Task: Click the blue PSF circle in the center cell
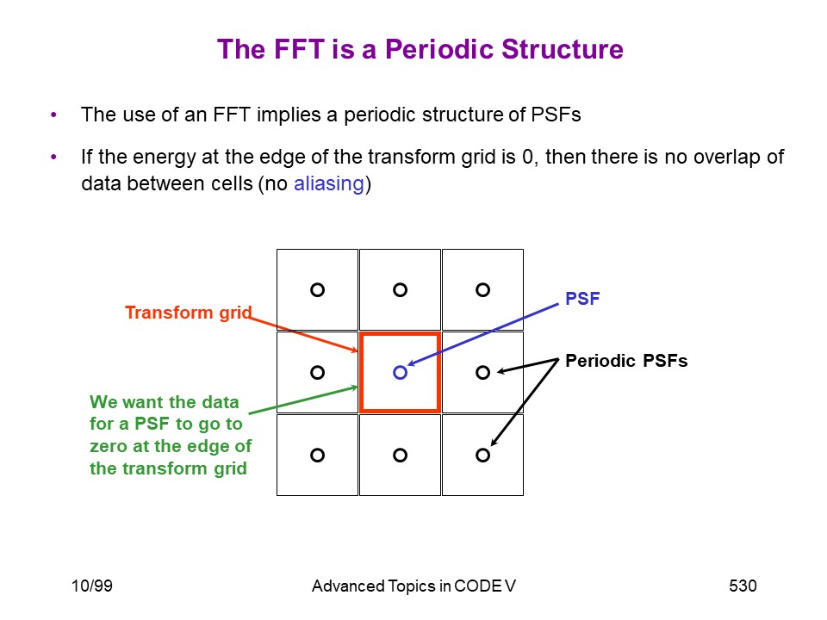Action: click(394, 372)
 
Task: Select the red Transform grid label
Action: click(189, 313)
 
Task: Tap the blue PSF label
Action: click(582, 299)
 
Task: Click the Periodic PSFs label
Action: click(626, 361)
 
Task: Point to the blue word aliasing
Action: click(328, 183)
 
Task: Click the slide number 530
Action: click(743, 586)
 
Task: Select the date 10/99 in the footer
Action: click(92, 586)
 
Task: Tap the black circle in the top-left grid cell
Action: click(311, 289)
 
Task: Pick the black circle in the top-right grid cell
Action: click(476, 289)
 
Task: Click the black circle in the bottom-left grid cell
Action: click(311, 455)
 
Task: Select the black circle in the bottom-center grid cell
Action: click(394, 455)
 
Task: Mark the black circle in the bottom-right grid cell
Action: click(476, 455)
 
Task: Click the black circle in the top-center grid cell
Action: click(394, 289)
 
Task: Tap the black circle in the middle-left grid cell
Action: click(311, 372)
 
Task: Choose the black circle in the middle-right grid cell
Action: click(476, 372)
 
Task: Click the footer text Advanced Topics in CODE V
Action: click(413, 586)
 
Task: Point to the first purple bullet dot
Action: click(53, 115)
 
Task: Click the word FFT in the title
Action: click(299, 49)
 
